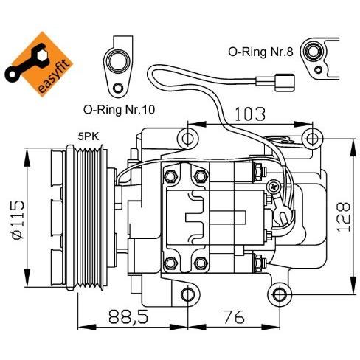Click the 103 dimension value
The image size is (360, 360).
pos(250,114)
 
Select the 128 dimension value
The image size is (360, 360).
pos(343,217)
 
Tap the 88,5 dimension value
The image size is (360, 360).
pos(128,316)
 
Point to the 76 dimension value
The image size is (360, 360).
pos(234,316)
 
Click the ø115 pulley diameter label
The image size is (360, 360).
pos(18,220)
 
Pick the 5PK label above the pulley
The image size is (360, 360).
pos(89,136)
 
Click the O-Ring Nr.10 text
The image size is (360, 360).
pos(119,109)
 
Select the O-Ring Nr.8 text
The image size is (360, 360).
pos(260,52)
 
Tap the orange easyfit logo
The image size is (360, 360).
pos(38,63)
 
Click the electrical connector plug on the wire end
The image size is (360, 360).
pos(285,83)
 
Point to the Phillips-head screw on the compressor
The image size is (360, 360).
pos(274,187)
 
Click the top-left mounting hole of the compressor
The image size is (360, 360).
pos(187,139)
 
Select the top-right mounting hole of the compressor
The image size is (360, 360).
pos(311,138)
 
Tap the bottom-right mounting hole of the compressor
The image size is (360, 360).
pos(279,294)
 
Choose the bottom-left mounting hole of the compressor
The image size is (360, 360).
pos(187,294)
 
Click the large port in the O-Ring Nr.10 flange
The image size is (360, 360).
pos(118,61)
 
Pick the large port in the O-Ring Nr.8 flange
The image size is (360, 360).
pos(313,52)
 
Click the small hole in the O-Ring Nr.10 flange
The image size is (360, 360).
pos(118,88)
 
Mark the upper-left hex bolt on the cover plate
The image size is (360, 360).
pos(170,176)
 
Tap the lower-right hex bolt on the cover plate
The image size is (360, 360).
pos(201,263)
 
